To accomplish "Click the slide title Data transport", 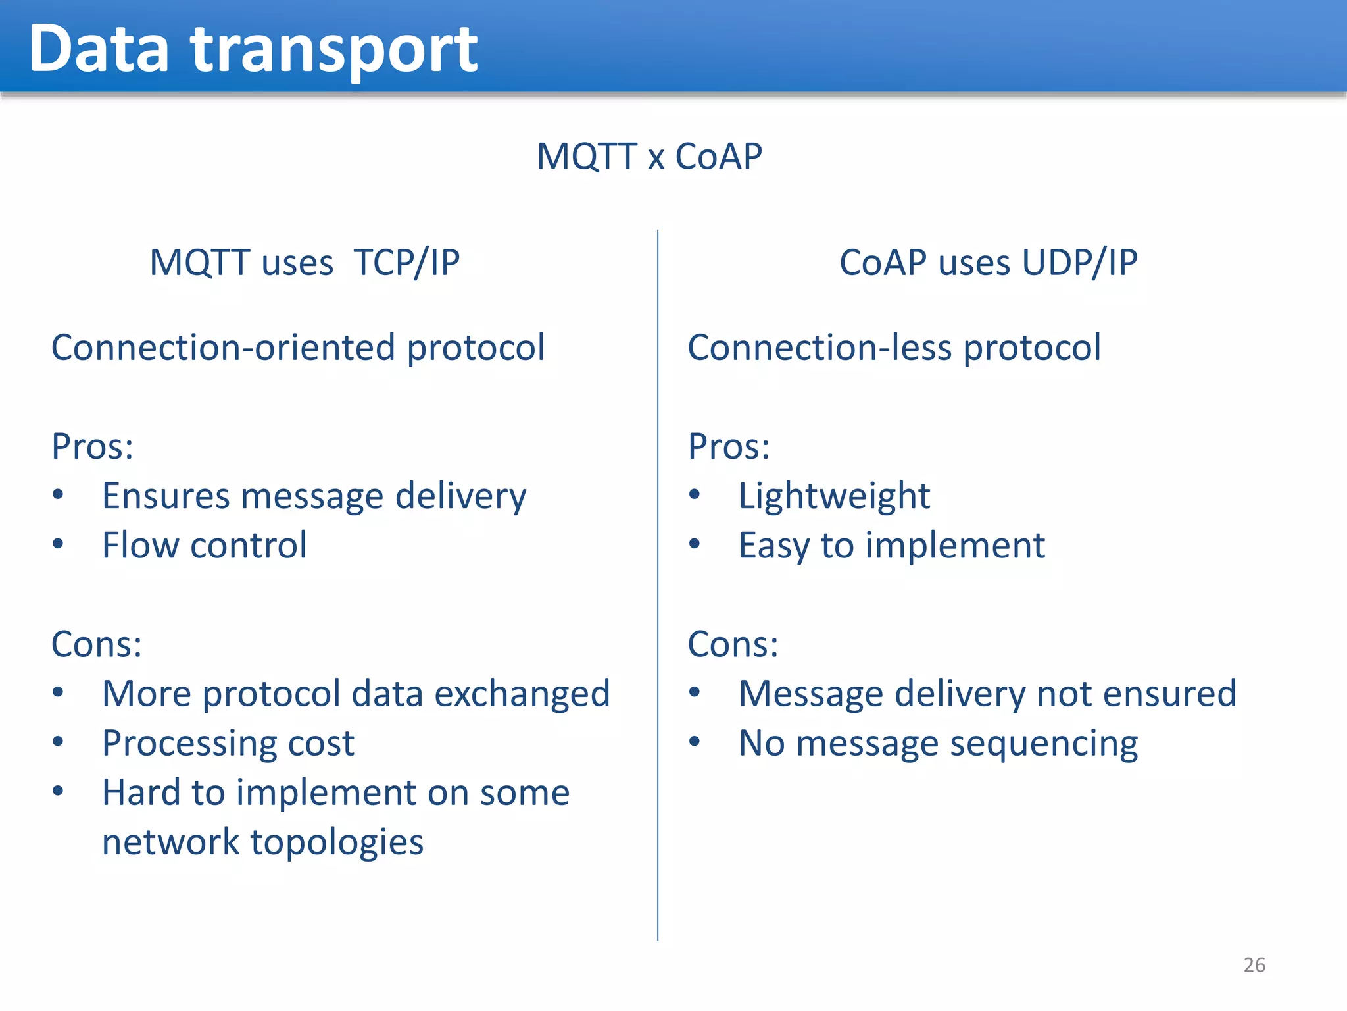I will pos(253,49).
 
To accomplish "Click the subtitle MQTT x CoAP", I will pos(649,157).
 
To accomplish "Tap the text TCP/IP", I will pos(406,263).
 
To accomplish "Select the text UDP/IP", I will pos(1080,263).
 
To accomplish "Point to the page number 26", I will pos(1254,965).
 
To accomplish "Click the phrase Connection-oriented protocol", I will pos(298,348).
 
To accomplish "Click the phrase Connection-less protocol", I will pos(894,348).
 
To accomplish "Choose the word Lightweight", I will pos(834,496).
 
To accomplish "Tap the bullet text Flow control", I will pos(204,545).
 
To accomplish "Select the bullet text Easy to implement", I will pos(891,545).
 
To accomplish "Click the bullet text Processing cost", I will pos(228,743).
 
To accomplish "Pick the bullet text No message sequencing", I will pos(938,743).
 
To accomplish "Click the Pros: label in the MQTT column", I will pos(93,446).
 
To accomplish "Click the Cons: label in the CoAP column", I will pos(733,644).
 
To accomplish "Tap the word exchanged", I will pos(522,694).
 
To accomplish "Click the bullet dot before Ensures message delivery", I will pos(58,494).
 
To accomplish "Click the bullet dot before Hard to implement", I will pos(58,791).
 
